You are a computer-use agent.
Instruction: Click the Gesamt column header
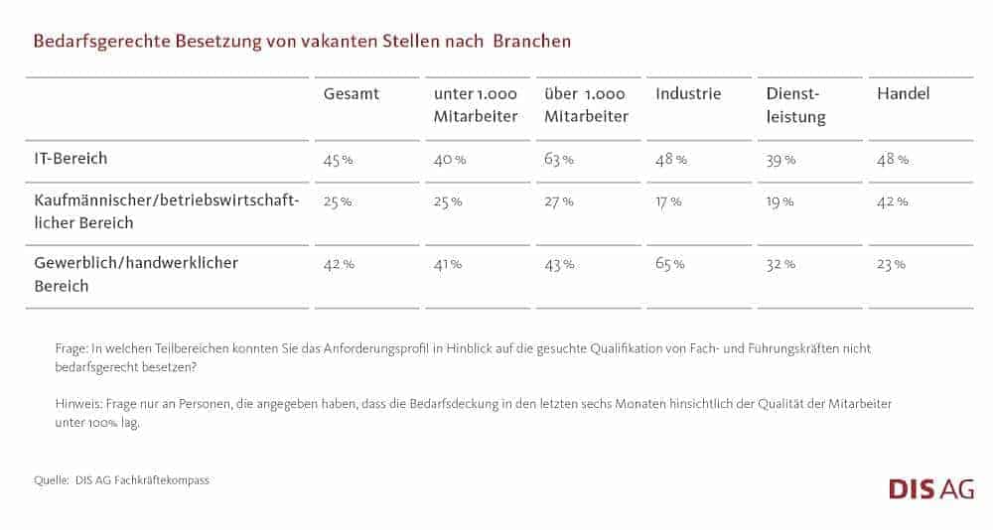(x=352, y=94)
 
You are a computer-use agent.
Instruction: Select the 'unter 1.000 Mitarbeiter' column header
(x=476, y=105)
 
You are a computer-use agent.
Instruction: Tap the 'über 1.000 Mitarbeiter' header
(x=586, y=105)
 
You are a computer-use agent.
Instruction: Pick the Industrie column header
(x=688, y=94)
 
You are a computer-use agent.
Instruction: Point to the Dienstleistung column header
(x=796, y=105)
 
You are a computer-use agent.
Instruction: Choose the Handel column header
(x=903, y=94)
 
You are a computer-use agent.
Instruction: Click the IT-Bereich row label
(x=71, y=158)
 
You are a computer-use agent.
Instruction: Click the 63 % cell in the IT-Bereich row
(x=559, y=159)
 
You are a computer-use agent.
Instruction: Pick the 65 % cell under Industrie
(x=670, y=264)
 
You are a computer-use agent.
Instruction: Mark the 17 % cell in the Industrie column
(x=668, y=201)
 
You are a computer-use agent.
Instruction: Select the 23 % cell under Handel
(x=891, y=264)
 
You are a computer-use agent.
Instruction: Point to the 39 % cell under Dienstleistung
(x=780, y=159)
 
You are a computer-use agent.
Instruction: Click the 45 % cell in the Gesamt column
(x=339, y=159)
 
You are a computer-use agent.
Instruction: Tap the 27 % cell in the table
(x=559, y=201)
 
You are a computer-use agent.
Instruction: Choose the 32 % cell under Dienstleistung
(x=780, y=264)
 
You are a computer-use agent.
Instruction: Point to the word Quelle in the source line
(x=52, y=480)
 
